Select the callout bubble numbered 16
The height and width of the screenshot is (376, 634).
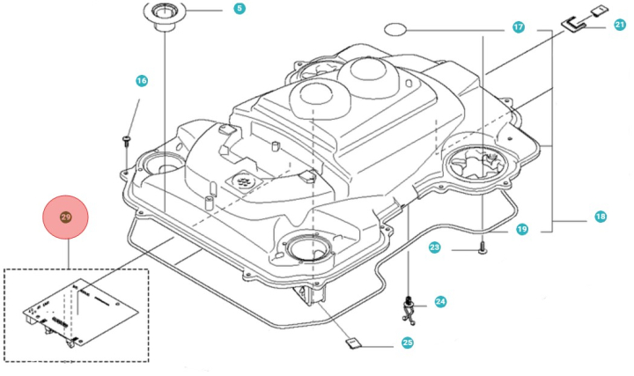pos(142,81)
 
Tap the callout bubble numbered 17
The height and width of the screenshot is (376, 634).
pos(519,28)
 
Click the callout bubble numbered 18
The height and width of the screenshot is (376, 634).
pos(601,217)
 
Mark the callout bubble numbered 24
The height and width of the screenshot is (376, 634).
pos(440,301)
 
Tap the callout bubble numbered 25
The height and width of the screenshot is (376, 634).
pos(407,343)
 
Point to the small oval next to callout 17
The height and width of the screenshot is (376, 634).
pos(395,28)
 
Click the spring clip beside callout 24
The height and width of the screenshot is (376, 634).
pos(411,306)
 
